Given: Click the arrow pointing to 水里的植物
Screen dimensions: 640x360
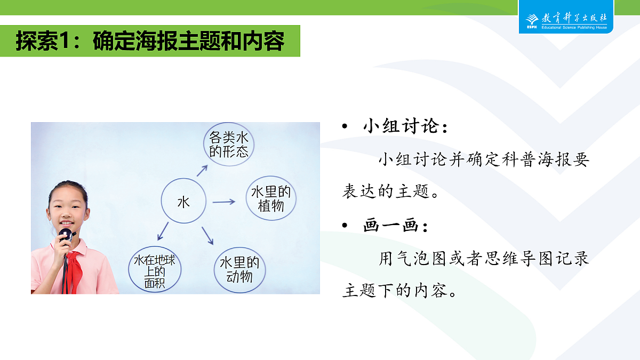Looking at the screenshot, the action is pos(223,202).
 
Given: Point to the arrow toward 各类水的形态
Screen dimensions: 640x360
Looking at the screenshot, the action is pos(202,171).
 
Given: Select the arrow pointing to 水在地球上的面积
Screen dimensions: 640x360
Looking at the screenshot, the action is pos(163,231).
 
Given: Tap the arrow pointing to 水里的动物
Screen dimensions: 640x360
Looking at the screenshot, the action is pos(207,236).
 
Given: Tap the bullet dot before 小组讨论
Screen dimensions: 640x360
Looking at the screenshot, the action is pos(345,126).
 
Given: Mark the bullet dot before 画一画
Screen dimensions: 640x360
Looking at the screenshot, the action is pos(345,226).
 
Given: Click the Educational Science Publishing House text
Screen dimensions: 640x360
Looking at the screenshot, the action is pos(574,27).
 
